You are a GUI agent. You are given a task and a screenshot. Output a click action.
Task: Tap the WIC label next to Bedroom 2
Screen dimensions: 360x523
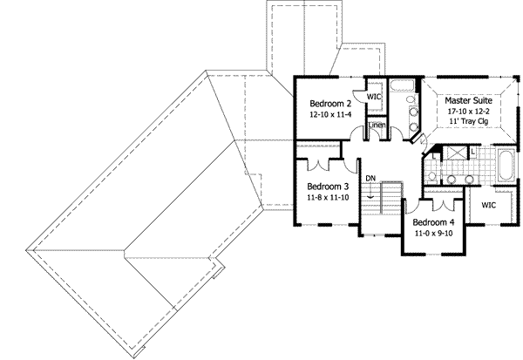click(375, 97)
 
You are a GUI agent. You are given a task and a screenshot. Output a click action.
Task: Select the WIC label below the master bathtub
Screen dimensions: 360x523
click(488, 207)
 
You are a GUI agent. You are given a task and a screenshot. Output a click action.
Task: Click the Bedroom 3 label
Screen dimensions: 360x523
click(329, 187)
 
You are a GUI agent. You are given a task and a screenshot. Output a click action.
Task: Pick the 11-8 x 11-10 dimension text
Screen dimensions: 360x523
click(329, 198)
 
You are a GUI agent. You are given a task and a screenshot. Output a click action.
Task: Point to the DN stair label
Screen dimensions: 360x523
click(370, 179)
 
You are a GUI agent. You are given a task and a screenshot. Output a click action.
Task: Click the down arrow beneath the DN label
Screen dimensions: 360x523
click(370, 195)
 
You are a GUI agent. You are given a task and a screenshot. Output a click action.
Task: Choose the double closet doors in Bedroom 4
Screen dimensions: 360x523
click(442, 205)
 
